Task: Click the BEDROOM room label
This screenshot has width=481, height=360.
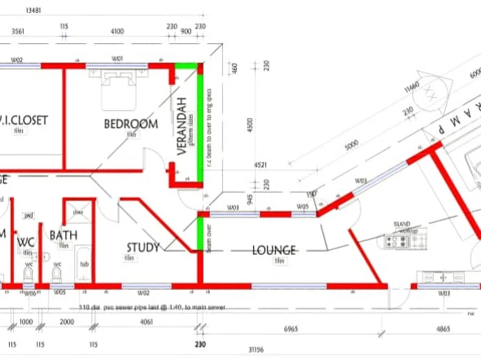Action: pos(130,124)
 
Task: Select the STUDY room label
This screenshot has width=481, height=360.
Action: pos(142,248)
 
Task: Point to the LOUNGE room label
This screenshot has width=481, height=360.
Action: pos(273,250)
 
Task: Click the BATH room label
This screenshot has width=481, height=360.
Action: pos(63,235)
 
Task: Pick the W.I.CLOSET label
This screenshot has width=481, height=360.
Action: pos(24,120)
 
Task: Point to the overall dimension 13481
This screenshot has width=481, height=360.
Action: pos(34,11)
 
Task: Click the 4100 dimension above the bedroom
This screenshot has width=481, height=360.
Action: pos(117,31)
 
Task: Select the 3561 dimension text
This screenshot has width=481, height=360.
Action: pos(19,31)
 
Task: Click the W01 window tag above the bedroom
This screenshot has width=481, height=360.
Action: pos(117,59)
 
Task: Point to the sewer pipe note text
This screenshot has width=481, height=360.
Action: pos(151,308)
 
